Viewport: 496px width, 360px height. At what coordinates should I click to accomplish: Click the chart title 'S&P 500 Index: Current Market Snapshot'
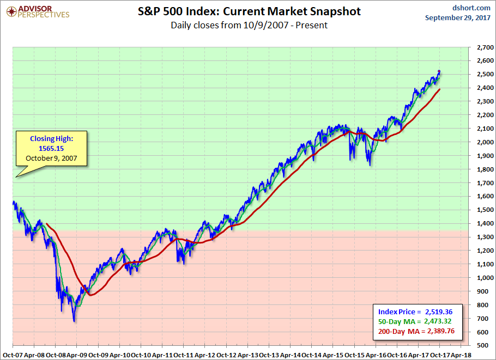point(249,11)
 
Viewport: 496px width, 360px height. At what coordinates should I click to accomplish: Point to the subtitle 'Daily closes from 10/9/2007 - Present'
point(249,25)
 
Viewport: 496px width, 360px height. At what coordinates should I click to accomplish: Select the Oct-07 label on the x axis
point(12,354)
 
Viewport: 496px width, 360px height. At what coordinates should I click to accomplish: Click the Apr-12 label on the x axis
point(204,354)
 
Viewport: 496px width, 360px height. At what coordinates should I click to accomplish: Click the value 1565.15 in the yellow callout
point(51,149)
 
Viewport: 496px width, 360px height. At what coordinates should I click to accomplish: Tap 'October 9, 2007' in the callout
point(51,158)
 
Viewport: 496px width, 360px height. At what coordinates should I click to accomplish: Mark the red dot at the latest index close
point(439,72)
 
